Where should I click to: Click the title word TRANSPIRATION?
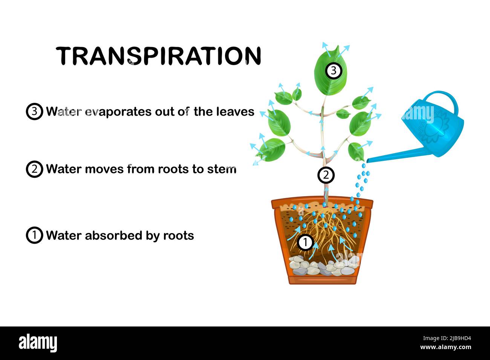coord(159,56)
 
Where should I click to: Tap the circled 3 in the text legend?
coord(34,112)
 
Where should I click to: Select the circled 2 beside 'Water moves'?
coord(34,169)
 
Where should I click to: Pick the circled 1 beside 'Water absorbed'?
coord(34,235)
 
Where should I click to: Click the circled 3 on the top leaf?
coord(333,70)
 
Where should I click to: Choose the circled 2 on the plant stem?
coord(326,175)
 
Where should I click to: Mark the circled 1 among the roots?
coord(305,243)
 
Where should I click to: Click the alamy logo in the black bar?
coord(38,343)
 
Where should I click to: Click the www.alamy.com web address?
coord(446,348)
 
